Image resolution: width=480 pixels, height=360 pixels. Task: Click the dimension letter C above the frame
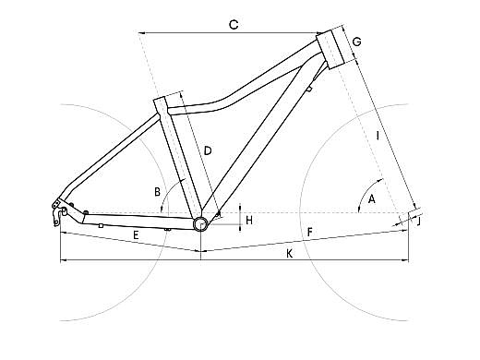coord(234,24)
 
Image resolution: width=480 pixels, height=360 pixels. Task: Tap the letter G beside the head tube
coord(356,42)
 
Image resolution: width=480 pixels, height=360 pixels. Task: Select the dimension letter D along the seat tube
coord(208,150)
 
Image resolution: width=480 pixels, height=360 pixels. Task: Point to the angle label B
coord(157,192)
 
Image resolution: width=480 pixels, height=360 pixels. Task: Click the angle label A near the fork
coord(372,199)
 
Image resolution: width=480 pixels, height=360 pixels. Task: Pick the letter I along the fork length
coord(378,136)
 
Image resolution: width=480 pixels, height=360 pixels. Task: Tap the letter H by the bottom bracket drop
coord(249,221)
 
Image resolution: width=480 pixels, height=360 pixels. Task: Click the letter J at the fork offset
coord(418,222)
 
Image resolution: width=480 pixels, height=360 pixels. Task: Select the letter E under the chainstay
coord(136,235)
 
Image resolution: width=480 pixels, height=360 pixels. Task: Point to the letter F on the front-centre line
coord(310,233)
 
